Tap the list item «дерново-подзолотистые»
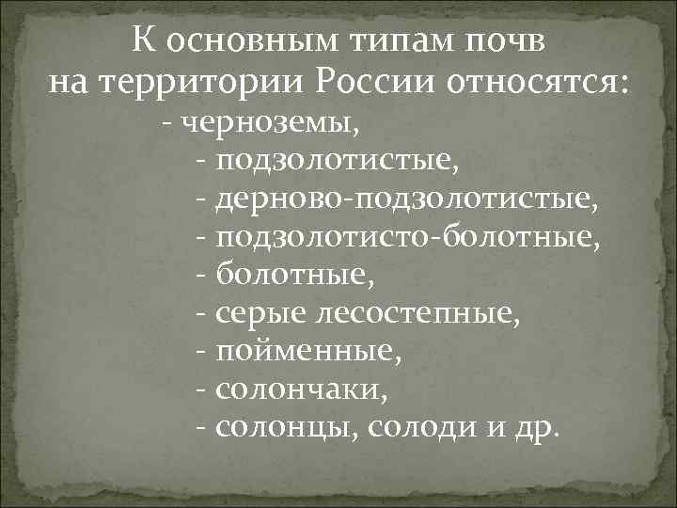click(x=406, y=199)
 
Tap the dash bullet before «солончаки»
click(x=203, y=390)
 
